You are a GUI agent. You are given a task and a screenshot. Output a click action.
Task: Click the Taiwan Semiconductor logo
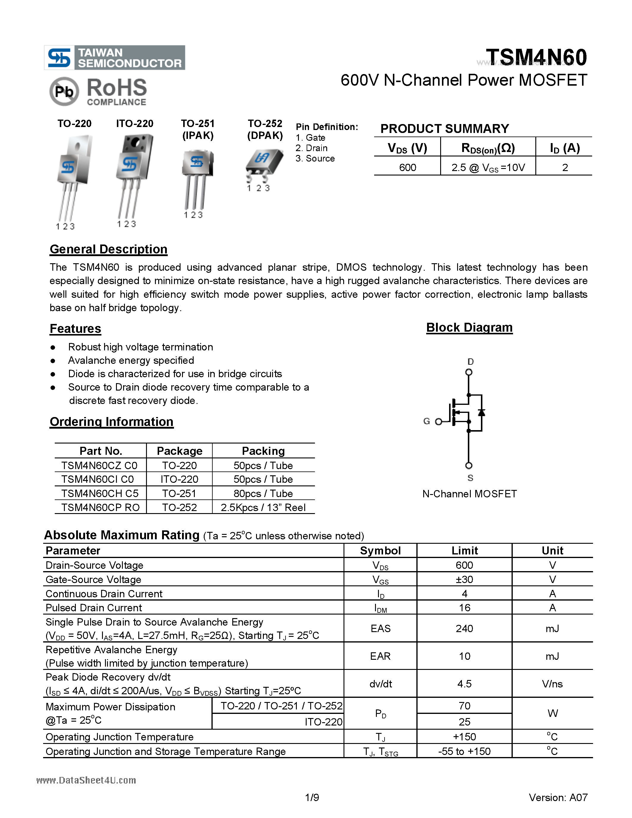click(114, 58)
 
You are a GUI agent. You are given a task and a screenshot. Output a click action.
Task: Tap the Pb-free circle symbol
click(64, 91)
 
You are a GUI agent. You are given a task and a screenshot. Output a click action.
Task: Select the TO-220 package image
click(74, 176)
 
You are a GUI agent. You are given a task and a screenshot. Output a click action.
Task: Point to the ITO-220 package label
click(134, 124)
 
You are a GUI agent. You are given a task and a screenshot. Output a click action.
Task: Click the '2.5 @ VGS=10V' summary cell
click(488, 167)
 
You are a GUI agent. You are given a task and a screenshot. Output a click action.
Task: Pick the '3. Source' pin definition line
click(315, 159)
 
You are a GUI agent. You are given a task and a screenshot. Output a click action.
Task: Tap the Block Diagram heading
click(469, 328)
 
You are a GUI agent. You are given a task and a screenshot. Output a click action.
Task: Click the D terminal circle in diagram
click(468, 372)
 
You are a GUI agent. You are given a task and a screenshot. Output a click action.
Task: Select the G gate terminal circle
click(438, 422)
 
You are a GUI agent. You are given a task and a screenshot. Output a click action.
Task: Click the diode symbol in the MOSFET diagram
click(482, 412)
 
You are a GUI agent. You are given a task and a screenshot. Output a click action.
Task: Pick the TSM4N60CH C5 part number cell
click(100, 493)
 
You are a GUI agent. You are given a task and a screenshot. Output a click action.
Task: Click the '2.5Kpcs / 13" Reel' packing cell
click(263, 507)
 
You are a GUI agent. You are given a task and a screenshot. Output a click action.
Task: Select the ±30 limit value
click(464, 579)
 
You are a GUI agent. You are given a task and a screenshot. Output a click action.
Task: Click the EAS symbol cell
click(380, 629)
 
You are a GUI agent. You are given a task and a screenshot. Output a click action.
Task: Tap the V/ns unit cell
click(552, 684)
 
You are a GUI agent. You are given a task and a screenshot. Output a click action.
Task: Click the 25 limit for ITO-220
click(464, 722)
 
